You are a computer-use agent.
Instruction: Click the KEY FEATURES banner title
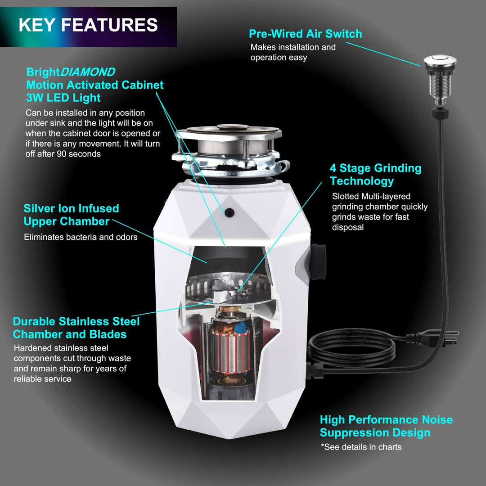88,25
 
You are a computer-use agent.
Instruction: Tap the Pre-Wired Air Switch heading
305,34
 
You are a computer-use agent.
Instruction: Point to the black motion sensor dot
230,211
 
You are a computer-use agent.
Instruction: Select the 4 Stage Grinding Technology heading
375,175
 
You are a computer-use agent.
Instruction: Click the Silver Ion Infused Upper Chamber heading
71,215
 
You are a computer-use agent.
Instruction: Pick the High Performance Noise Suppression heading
386,426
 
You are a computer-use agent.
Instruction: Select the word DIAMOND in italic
88,72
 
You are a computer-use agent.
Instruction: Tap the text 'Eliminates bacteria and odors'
81,237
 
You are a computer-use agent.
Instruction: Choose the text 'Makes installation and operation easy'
292,52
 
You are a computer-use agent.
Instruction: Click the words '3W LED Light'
63,98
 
